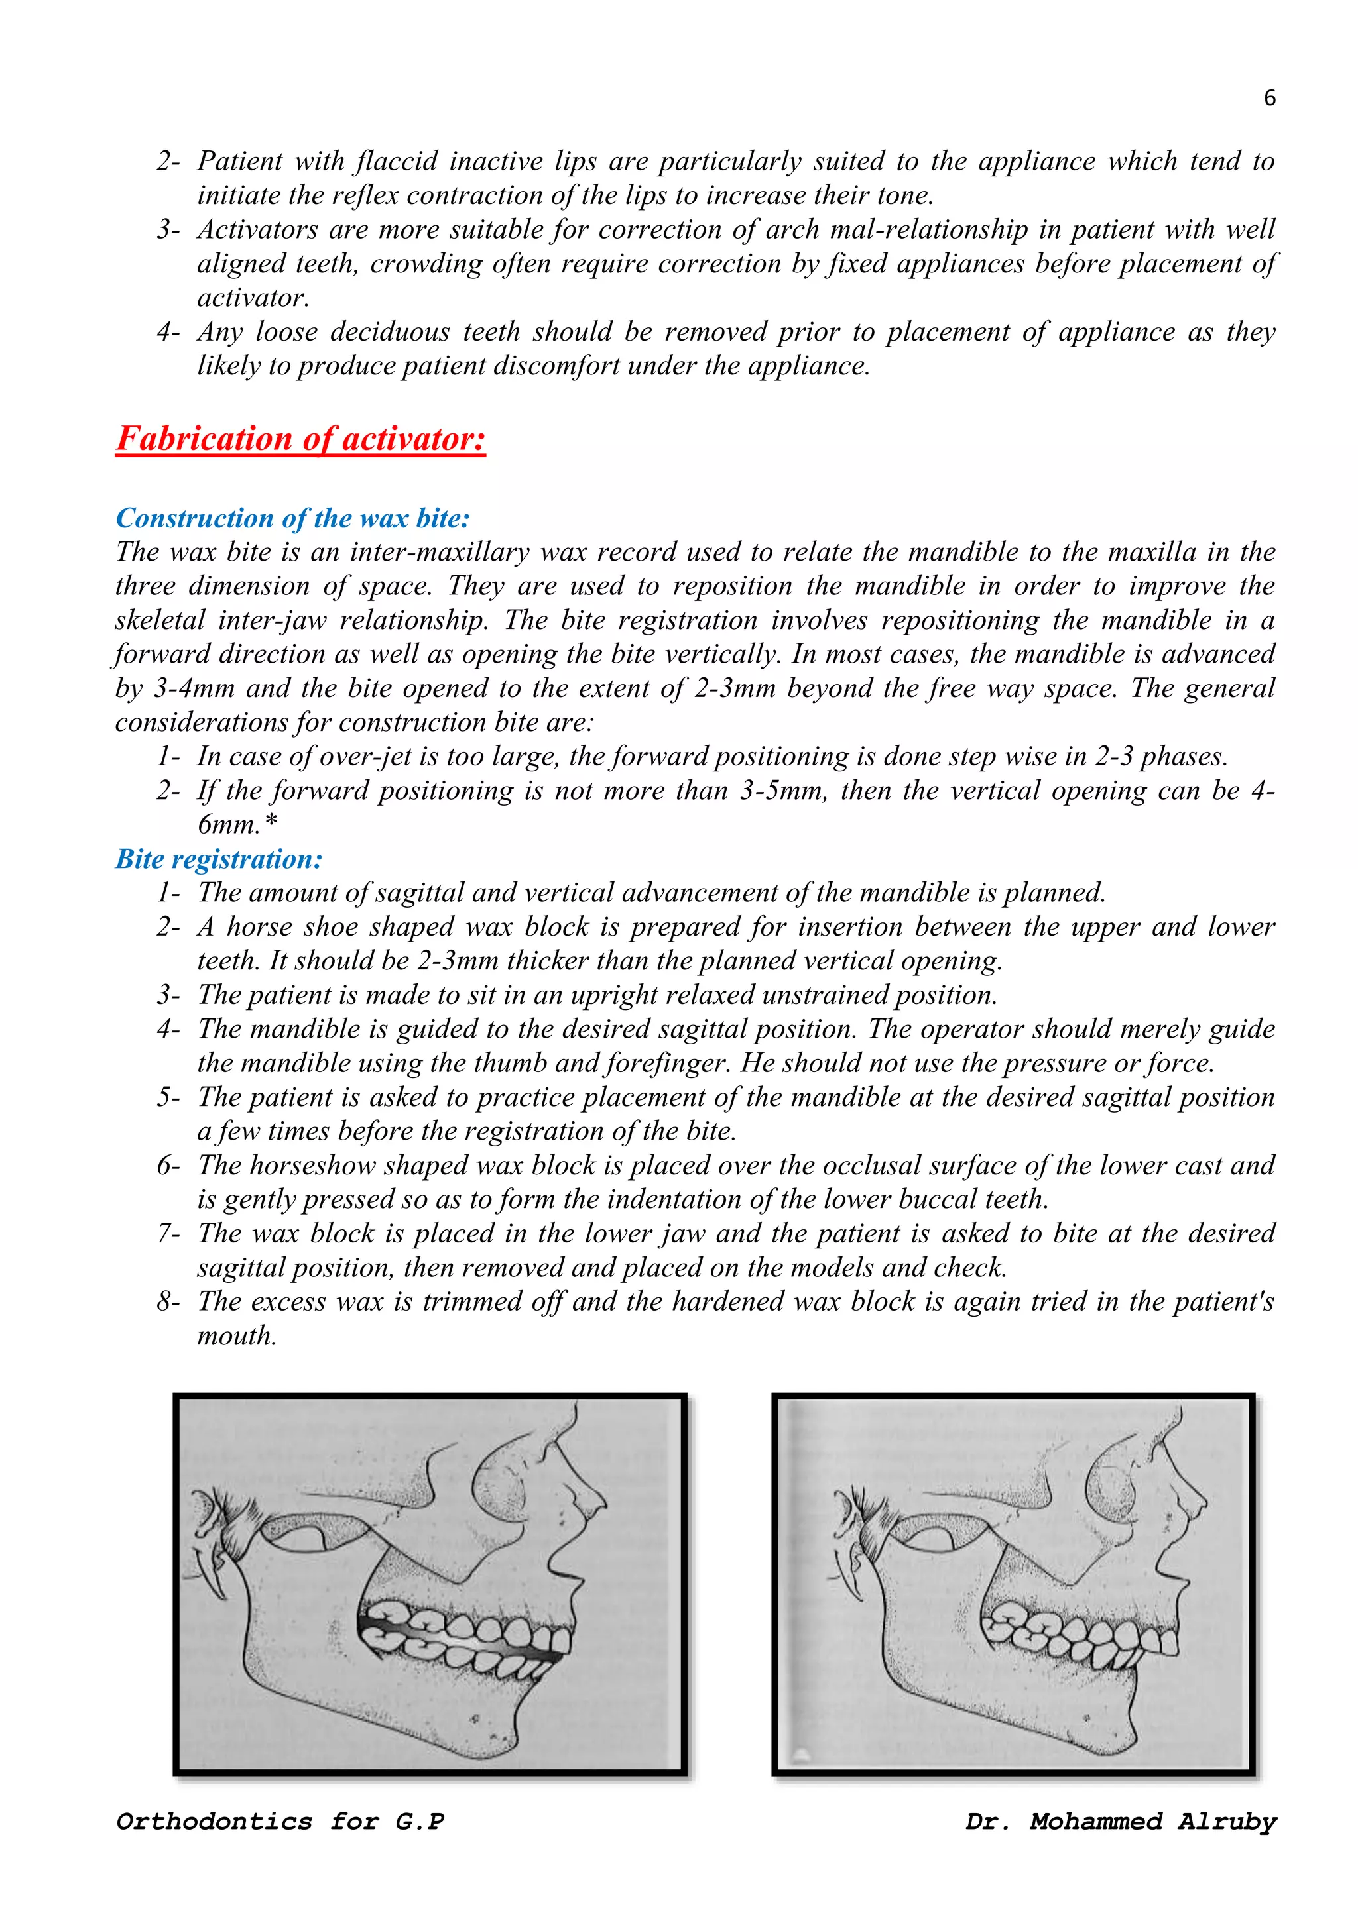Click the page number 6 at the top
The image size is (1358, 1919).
(x=1269, y=99)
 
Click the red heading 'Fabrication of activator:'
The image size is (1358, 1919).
(x=300, y=439)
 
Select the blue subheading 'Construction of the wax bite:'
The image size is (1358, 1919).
(x=292, y=518)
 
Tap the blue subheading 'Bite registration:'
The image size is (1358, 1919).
(x=218, y=859)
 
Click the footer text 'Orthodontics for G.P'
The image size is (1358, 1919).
(x=280, y=1821)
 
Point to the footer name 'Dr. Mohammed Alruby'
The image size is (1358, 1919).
(x=1121, y=1821)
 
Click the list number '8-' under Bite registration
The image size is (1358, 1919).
(x=168, y=1301)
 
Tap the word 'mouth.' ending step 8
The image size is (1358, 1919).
(x=237, y=1336)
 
